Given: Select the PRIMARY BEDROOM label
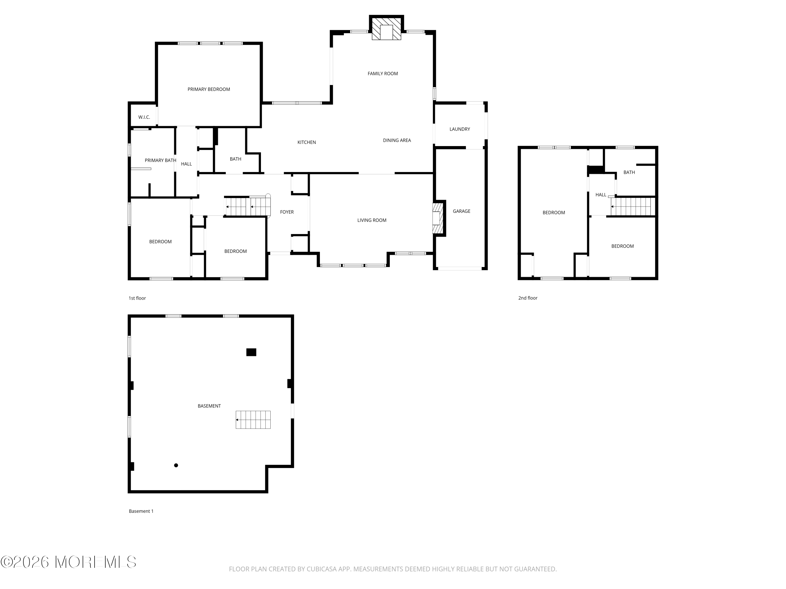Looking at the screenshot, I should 209,89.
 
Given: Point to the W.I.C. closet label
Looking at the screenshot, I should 144,117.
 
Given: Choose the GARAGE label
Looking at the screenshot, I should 461,211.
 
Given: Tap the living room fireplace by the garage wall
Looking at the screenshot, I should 438,218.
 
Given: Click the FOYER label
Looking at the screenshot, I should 287,212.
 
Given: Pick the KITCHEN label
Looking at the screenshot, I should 306,142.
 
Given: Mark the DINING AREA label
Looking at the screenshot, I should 397,140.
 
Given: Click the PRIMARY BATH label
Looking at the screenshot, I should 160,160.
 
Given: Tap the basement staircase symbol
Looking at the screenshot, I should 253,420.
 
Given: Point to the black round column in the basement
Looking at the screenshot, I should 176,465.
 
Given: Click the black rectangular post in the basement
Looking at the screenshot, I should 251,352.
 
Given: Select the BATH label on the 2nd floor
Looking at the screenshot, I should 629,172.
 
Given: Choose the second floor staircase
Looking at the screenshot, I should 632,207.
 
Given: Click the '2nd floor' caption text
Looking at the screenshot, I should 528,298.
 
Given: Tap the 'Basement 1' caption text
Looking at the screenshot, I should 141,511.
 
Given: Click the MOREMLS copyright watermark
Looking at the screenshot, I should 68,562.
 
